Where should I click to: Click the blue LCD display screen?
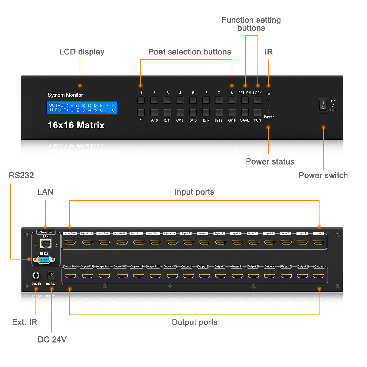(x=82, y=108)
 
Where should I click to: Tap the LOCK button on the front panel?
(x=258, y=100)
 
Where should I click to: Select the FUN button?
(x=258, y=113)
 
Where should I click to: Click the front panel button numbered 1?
(x=141, y=100)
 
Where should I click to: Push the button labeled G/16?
(x=232, y=113)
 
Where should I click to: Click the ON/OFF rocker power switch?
(x=323, y=105)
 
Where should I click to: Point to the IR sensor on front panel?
(x=268, y=99)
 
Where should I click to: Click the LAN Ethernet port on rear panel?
(x=46, y=244)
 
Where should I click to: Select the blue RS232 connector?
(x=44, y=260)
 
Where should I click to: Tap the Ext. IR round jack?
(x=36, y=276)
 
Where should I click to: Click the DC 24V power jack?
(x=51, y=275)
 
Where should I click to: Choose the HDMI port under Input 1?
(x=318, y=243)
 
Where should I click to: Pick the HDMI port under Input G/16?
(x=70, y=243)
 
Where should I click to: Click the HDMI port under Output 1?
(x=318, y=276)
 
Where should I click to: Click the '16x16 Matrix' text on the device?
(x=76, y=125)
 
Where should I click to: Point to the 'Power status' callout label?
(x=270, y=161)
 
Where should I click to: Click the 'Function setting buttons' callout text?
(x=251, y=24)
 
